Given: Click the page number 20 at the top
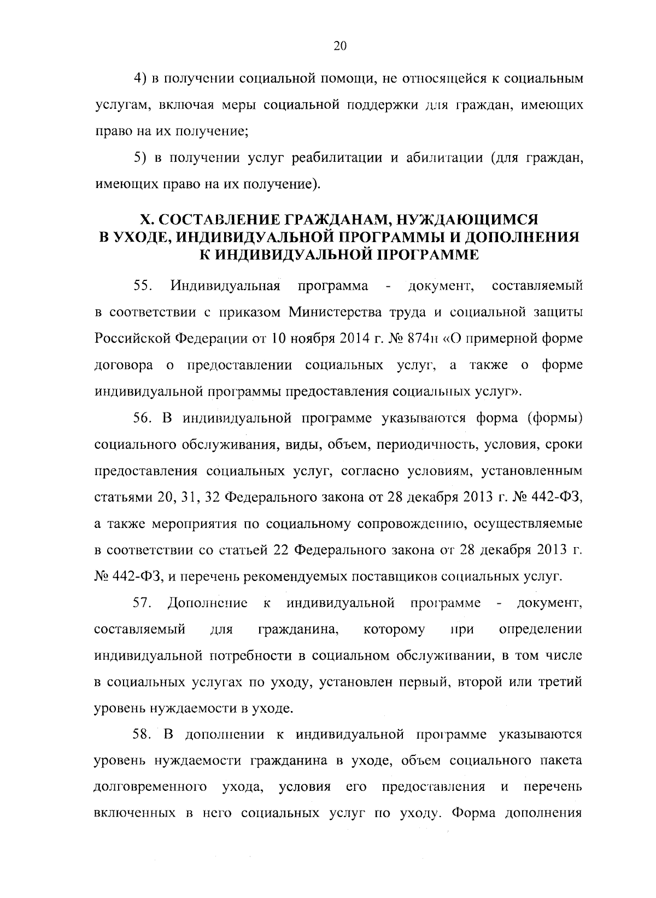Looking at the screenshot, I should pyautogui.click(x=339, y=46).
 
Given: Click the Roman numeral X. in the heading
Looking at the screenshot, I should pyautogui.click(x=147, y=219).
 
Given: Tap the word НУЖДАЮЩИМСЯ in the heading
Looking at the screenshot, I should pyautogui.click(x=467, y=219).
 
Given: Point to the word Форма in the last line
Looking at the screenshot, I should pyautogui.click(x=473, y=814).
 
